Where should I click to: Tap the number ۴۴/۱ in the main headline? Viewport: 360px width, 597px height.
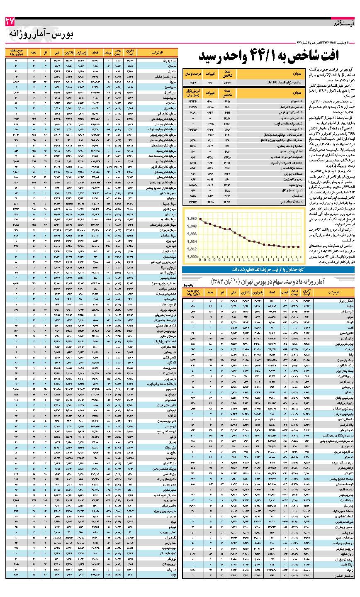click(248, 56)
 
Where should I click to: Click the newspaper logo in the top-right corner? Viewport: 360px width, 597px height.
click(343, 23)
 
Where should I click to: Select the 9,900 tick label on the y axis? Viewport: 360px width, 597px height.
click(191, 268)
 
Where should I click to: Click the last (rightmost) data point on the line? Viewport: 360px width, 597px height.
click(299, 259)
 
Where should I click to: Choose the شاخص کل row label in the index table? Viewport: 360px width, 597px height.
click(285, 100)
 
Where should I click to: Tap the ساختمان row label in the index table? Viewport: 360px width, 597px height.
click(285, 195)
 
